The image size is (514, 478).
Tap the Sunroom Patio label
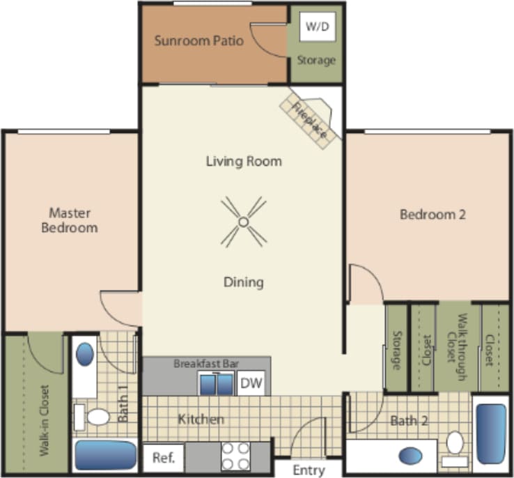coord(199,40)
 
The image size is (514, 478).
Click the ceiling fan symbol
coord(243,222)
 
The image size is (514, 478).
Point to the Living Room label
coord(244,161)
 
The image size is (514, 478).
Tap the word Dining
coord(244,282)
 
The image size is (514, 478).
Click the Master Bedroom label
coord(70,220)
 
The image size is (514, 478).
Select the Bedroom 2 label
coord(432,215)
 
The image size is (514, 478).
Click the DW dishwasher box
coord(251,383)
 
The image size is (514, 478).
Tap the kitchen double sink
coord(217,384)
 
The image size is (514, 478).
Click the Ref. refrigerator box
coord(164,458)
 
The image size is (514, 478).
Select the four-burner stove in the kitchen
coord(235,456)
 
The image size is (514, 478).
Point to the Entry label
coord(309,470)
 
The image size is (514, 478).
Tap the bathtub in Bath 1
coord(105,455)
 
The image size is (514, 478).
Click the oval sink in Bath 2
coord(410,456)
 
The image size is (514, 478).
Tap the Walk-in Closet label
coord(44,420)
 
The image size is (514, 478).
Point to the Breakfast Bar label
coord(205,364)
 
